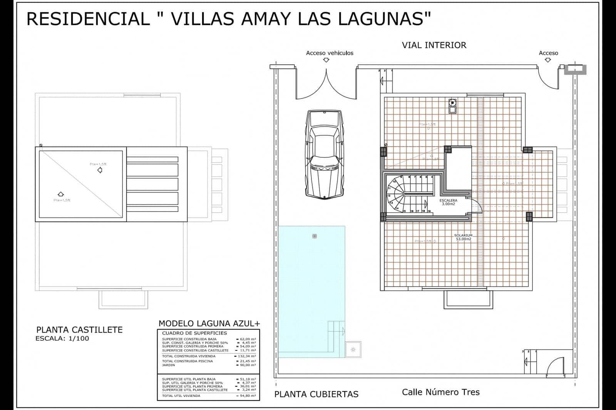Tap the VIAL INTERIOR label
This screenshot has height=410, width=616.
[x=434, y=45]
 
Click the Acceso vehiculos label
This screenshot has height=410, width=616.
[x=330, y=53]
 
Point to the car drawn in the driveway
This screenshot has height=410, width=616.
[x=324, y=154]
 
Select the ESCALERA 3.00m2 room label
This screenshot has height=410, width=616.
[x=448, y=202]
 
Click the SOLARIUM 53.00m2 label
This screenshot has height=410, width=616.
[x=463, y=237]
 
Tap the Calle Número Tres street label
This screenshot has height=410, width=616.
[x=440, y=392]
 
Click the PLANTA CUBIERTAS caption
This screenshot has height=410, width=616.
[x=316, y=394]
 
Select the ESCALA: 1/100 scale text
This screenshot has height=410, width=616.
[x=62, y=338]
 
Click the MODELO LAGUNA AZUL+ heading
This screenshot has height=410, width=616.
[x=209, y=324]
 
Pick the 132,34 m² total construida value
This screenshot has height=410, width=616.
[x=247, y=356]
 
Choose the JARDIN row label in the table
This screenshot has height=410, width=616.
[x=168, y=365]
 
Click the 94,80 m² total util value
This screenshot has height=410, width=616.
[x=247, y=395]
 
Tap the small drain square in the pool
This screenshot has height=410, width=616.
[x=315, y=236]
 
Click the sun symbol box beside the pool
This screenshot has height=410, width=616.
[x=353, y=350]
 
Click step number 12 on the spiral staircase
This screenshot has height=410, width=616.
[x=389, y=196]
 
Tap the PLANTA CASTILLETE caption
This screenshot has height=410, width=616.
[x=79, y=330]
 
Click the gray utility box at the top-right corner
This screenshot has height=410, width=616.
[x=575, y=70]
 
